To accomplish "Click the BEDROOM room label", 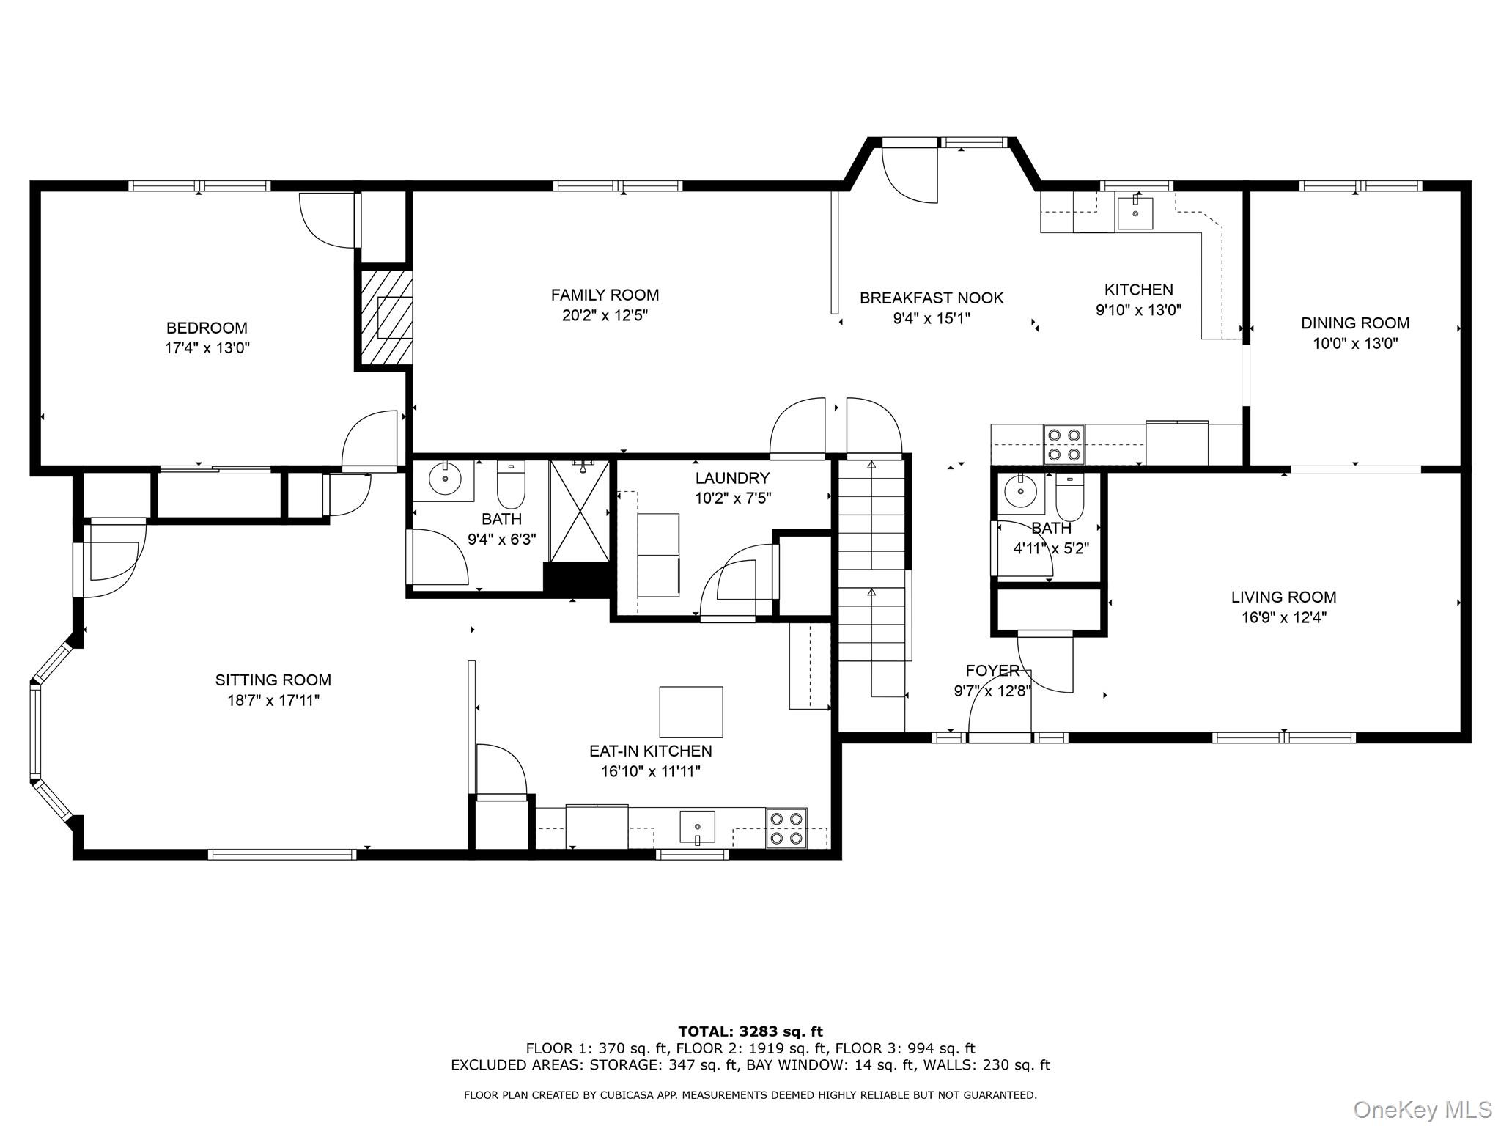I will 207,328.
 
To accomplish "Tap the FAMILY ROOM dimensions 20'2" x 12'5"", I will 605,316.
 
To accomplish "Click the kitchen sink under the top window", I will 1135,213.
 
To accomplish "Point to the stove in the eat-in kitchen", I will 786,828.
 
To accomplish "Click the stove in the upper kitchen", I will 1064,444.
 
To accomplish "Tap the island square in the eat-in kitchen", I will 690,712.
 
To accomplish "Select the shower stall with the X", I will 580,510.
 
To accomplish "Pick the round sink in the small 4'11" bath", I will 1017,490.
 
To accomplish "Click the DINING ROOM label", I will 1354,323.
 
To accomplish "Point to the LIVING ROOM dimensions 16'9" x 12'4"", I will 1283,618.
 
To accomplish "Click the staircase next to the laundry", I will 871,557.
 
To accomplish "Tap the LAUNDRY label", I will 731,478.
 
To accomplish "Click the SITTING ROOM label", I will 273,680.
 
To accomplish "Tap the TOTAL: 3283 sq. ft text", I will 750,1031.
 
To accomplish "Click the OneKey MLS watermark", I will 1422,1109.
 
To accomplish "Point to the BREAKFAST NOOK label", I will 931,298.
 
